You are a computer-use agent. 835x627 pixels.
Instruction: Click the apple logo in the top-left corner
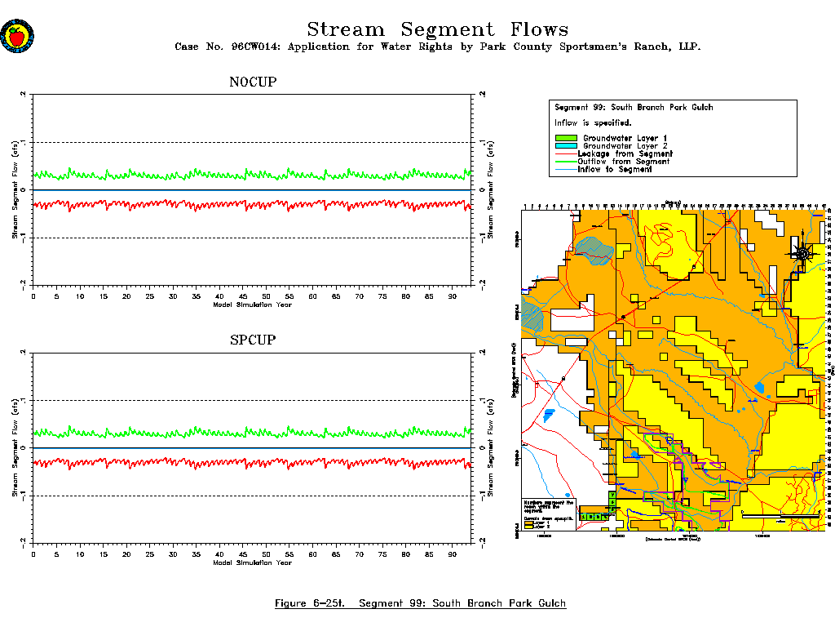point(17,36)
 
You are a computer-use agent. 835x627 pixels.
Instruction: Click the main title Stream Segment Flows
point(437,30)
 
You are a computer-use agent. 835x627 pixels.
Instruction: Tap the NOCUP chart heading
point(252,82)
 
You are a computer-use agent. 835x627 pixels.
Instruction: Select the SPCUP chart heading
point(252,340)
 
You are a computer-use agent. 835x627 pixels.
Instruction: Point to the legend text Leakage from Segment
point(625,153)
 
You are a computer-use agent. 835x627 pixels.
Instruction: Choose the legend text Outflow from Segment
point(623,162)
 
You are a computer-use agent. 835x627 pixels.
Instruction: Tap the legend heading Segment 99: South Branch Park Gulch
point(634,108)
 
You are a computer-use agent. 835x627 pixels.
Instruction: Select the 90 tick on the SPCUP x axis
point(452,554)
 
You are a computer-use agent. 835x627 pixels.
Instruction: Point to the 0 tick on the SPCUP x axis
point(33,554)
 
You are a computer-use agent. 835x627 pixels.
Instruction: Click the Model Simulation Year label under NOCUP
point(252,305)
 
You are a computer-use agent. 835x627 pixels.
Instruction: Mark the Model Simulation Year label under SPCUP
point(252,563)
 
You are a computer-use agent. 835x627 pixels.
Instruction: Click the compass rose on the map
point(803,254)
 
